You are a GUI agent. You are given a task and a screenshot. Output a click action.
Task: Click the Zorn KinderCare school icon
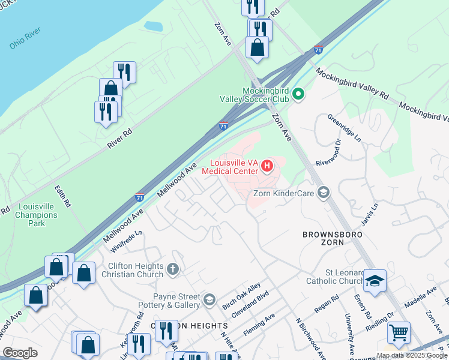[324, 192]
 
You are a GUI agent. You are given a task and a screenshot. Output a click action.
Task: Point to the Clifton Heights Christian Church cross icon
[173, 269]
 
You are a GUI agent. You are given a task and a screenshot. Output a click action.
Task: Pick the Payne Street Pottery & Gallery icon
[209, 299]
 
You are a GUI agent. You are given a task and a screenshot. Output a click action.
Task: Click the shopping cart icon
[398, 332]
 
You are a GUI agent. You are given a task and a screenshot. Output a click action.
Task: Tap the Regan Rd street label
[327, 305]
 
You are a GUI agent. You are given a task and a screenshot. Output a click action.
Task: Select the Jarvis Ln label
[370, 214]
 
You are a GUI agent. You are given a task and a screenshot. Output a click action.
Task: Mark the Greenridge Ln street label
[344, 127]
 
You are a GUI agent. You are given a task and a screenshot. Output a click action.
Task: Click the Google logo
[20, 353]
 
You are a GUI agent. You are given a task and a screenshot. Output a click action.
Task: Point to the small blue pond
[153, 27]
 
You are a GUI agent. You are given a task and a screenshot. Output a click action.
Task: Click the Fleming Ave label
[259, 325]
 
